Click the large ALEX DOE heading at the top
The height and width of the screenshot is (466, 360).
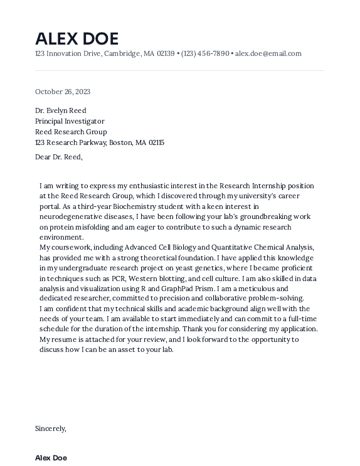[x=77, y=38]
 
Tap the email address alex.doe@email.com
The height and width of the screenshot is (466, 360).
[x=268, y=53]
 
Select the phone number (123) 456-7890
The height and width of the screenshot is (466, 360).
[x=205, y=53]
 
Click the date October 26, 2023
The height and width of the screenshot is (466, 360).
[x=63, y=92]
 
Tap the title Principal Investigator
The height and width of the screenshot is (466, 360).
[x=70, y=121]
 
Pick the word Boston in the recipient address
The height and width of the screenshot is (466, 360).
[x=121, y=142]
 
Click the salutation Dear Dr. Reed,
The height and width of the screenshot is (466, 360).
[x=59, y=157]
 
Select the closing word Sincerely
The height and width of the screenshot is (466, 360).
[x=50, y=428]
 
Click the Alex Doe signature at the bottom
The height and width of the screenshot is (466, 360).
[x=51, y=458]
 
